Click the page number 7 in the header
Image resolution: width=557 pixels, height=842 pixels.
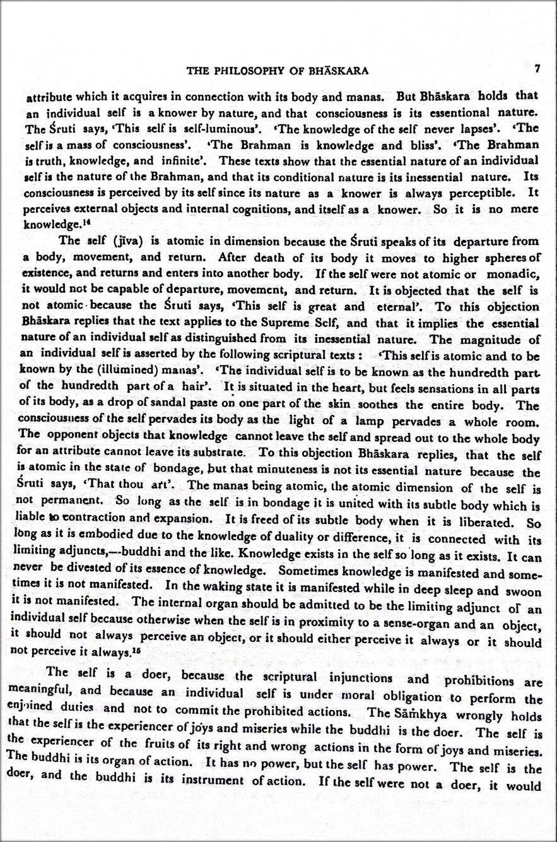[x=536, y=69]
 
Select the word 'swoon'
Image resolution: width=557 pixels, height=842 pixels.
[x=525, y=593]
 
